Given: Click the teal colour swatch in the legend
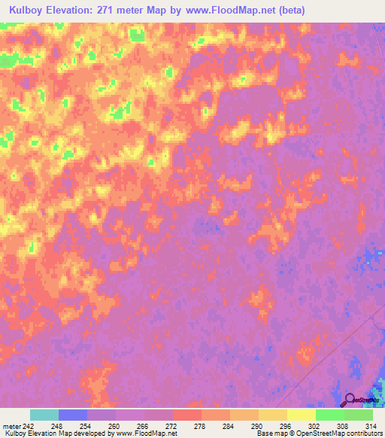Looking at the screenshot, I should click(44, 415).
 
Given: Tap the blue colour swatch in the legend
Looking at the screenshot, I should click(73, 415).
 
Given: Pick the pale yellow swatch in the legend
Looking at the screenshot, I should click(301, 415).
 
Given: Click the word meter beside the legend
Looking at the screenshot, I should click(12, 426).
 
